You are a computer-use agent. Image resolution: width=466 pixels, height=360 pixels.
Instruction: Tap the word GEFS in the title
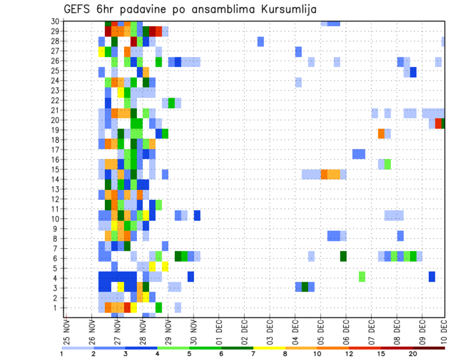pos(79,10)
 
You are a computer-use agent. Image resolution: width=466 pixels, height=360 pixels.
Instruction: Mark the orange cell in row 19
pos(381,133)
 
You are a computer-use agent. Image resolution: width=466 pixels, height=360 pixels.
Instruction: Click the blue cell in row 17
pos(359,154)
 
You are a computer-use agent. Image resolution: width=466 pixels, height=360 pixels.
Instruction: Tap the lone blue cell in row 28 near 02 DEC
pos(261,41)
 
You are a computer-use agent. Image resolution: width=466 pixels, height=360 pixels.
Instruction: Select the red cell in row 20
pos(438,124)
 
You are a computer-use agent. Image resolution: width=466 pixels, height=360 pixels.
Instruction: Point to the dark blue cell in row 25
pos(413,72)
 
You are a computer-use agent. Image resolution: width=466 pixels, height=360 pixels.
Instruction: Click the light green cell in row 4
pos(362,277)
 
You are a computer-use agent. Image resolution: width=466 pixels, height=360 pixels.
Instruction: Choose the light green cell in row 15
pos(387,164)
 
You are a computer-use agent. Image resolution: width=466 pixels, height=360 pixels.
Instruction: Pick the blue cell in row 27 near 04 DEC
pos(299,51)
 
